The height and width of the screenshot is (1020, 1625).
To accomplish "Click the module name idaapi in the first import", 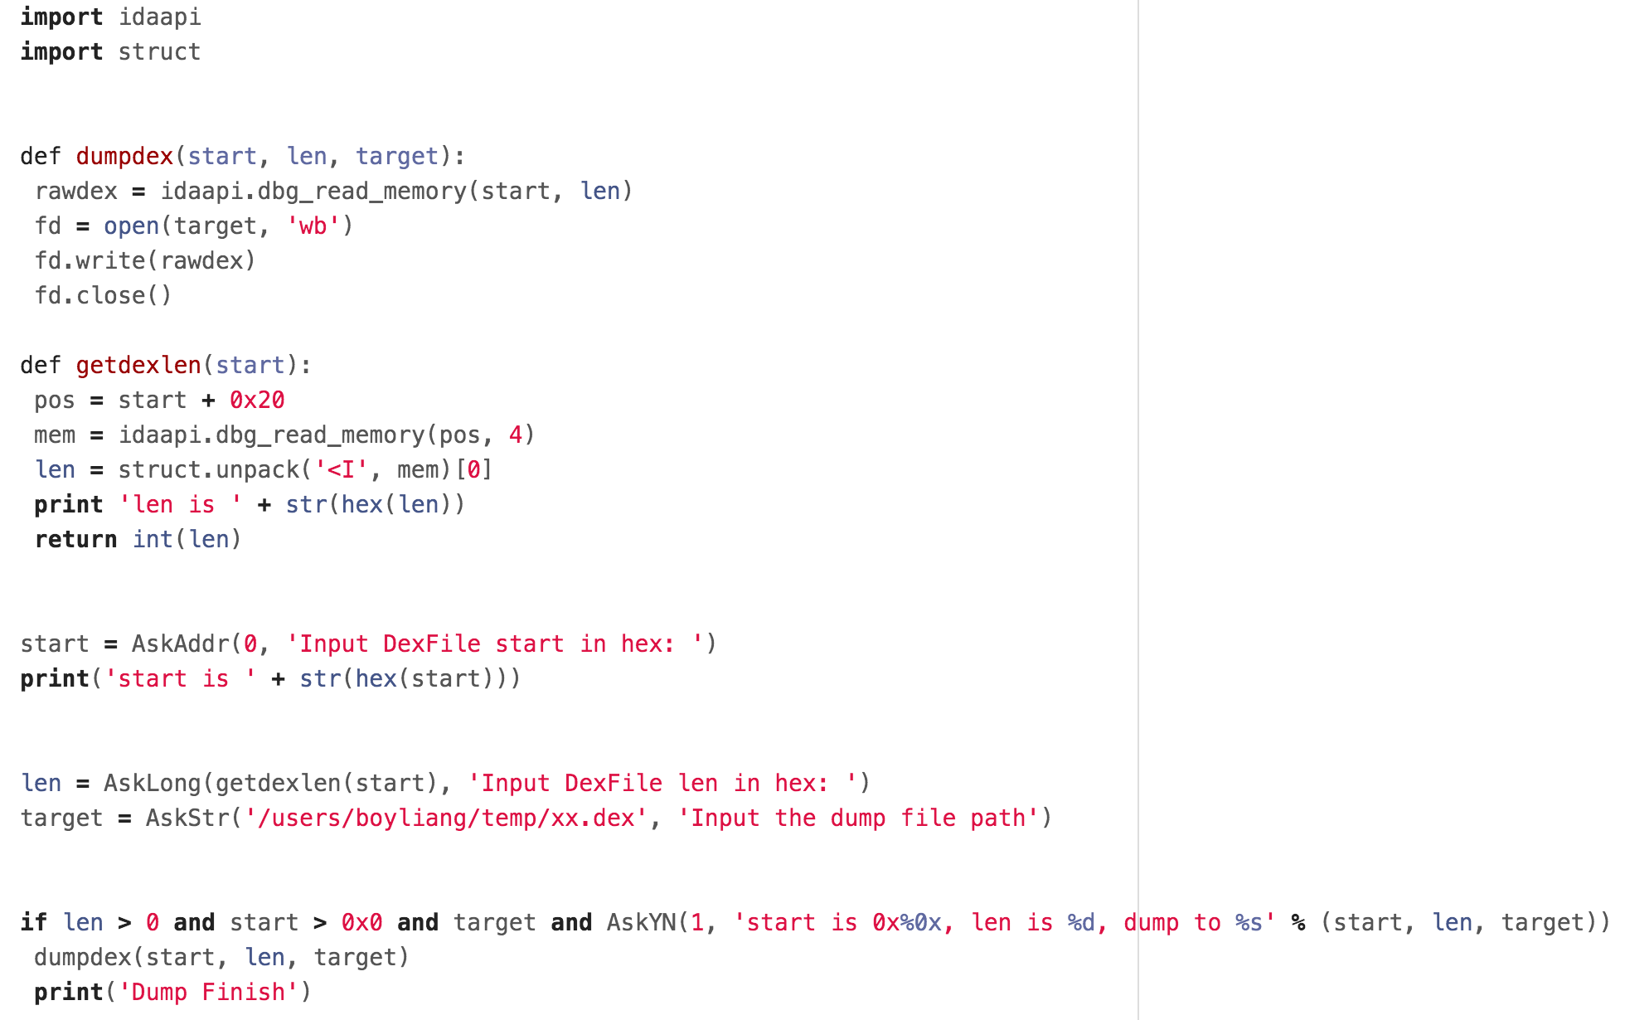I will pos(159,17).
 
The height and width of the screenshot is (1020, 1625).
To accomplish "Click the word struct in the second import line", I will pos(159,52).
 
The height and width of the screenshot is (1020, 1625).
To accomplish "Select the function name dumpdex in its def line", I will pos(124,157).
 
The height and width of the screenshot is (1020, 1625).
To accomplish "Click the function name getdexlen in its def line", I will pos(138,366).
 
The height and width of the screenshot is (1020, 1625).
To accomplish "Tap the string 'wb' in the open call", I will pos(313,226).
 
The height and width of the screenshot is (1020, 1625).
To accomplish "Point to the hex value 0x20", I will pos(257,401).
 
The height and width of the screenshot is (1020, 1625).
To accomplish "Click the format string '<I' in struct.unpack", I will pos(341,470).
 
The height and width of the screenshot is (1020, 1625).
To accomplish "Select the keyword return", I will pos(75,540).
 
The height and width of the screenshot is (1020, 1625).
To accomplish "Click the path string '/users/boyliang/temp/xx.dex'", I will pos(445,818).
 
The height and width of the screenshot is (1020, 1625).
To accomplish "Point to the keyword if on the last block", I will pos(34,923).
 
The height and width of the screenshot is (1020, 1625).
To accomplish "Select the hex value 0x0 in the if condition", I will pos(361,923).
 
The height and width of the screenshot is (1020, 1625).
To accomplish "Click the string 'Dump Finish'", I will pos(208,993).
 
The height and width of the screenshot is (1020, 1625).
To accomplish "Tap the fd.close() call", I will pos(103,296).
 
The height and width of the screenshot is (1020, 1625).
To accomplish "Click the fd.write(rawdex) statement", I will pos(145,261).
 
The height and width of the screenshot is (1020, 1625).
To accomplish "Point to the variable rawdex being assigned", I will pos(76,192).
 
